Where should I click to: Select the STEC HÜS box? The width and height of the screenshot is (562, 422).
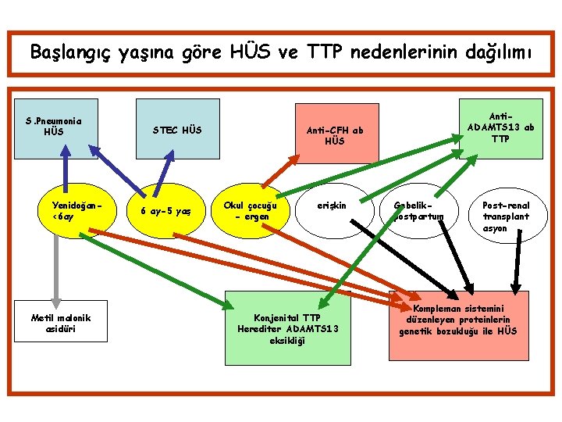tap(178, 129)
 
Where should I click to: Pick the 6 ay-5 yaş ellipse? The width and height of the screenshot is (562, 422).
tap(165, 211)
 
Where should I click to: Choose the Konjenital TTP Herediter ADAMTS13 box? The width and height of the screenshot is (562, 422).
tap(290, 327)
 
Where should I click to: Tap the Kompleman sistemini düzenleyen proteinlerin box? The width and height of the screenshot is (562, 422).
tap(458, 320)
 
